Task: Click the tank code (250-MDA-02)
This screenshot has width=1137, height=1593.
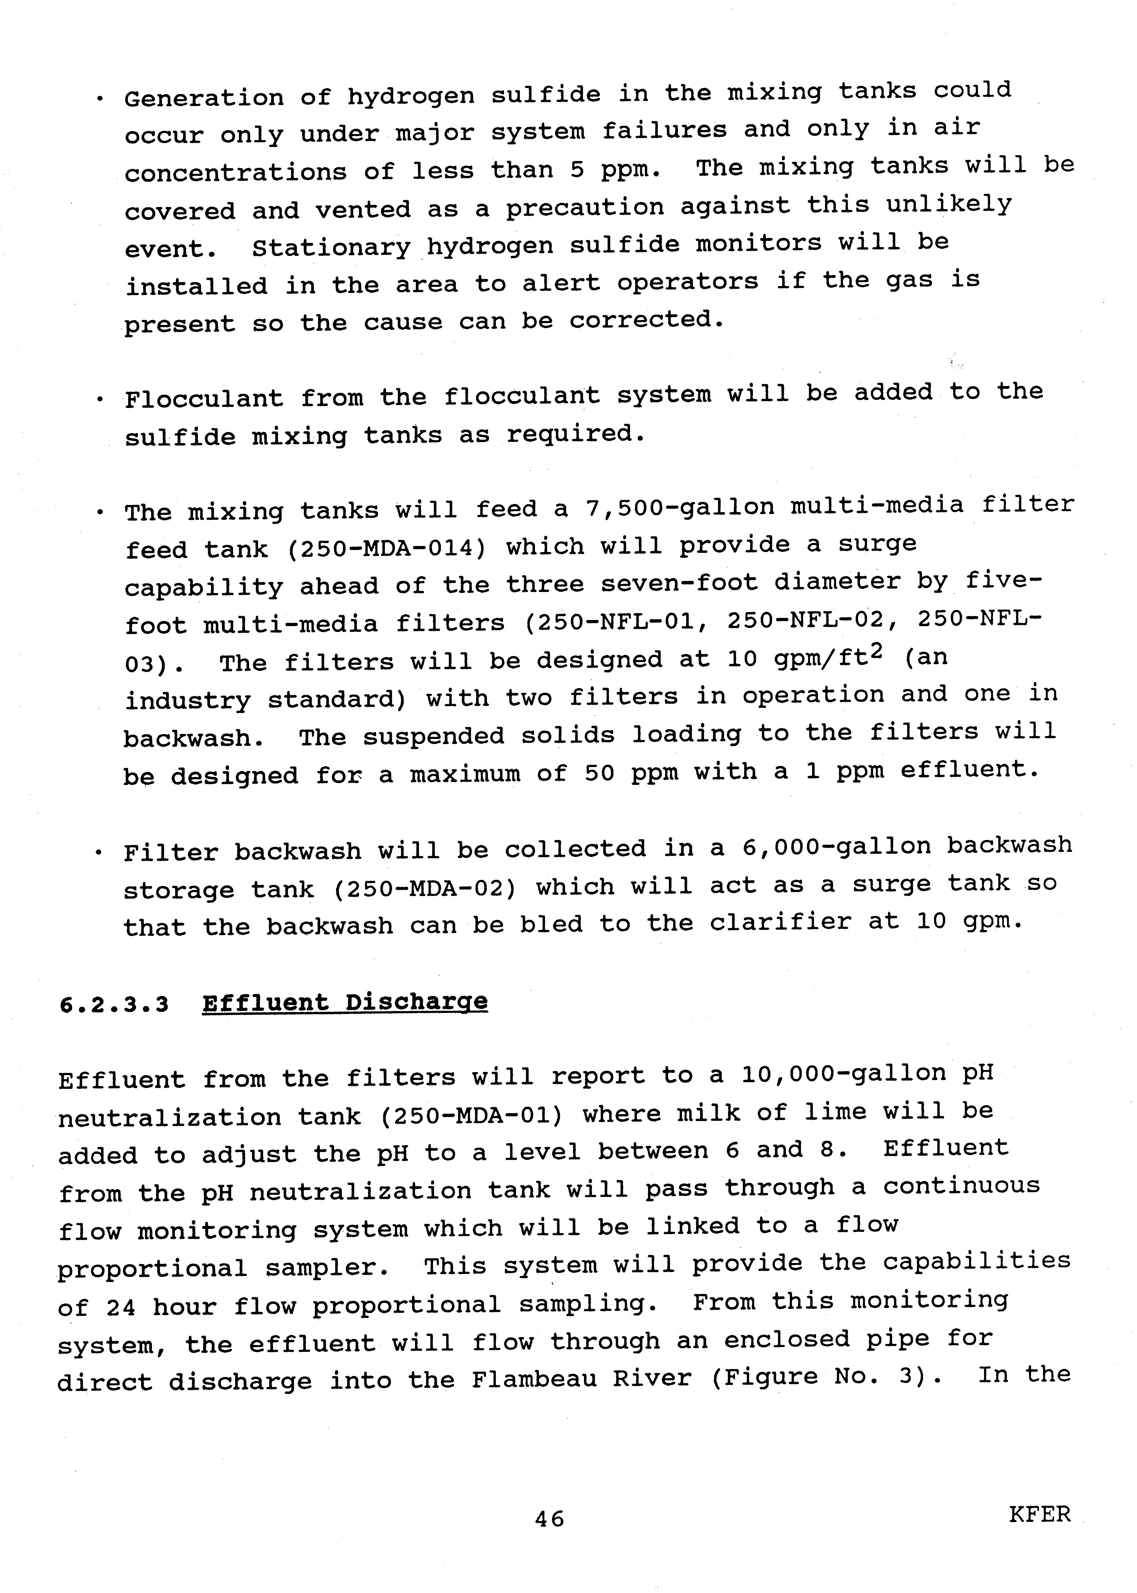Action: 424,888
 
